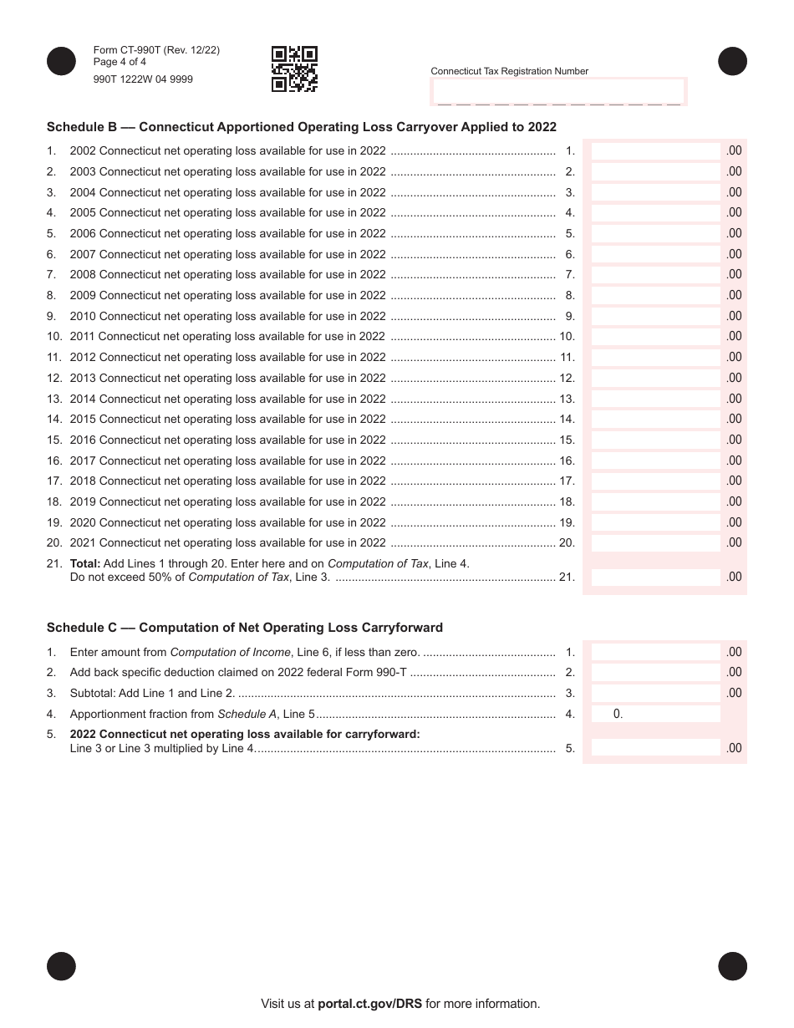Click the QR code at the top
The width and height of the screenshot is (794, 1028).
(x=294, y=69)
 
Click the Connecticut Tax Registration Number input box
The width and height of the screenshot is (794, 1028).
(x=557, y=91)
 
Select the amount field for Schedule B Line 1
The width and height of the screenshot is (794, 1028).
(x=655, y=151)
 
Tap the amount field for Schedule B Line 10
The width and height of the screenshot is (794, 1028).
(x=655, y=337)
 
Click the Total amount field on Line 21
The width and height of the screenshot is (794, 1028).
(x=655, y=577)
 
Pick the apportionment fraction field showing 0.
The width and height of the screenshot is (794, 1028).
(x=655, y=714)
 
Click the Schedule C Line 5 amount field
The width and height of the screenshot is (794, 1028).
(x=655, y=748)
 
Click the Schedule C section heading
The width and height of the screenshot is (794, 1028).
(x=244, y=628)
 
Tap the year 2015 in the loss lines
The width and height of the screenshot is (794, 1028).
(x=83, y=420)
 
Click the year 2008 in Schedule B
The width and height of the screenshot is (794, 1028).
(x=83, y=275)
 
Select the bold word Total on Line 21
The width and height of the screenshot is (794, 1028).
(x=84, y=564)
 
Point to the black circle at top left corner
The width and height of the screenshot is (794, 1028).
(x=61, y=62)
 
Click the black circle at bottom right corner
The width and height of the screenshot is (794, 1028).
(x=733, y=966)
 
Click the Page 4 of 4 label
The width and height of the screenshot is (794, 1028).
(x=120, y=62)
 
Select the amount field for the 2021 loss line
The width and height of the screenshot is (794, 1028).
(x=655, y=543)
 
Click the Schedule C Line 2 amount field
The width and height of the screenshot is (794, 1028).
(x=655, y=673)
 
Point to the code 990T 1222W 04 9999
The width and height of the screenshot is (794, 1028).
(x=143, y=80)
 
